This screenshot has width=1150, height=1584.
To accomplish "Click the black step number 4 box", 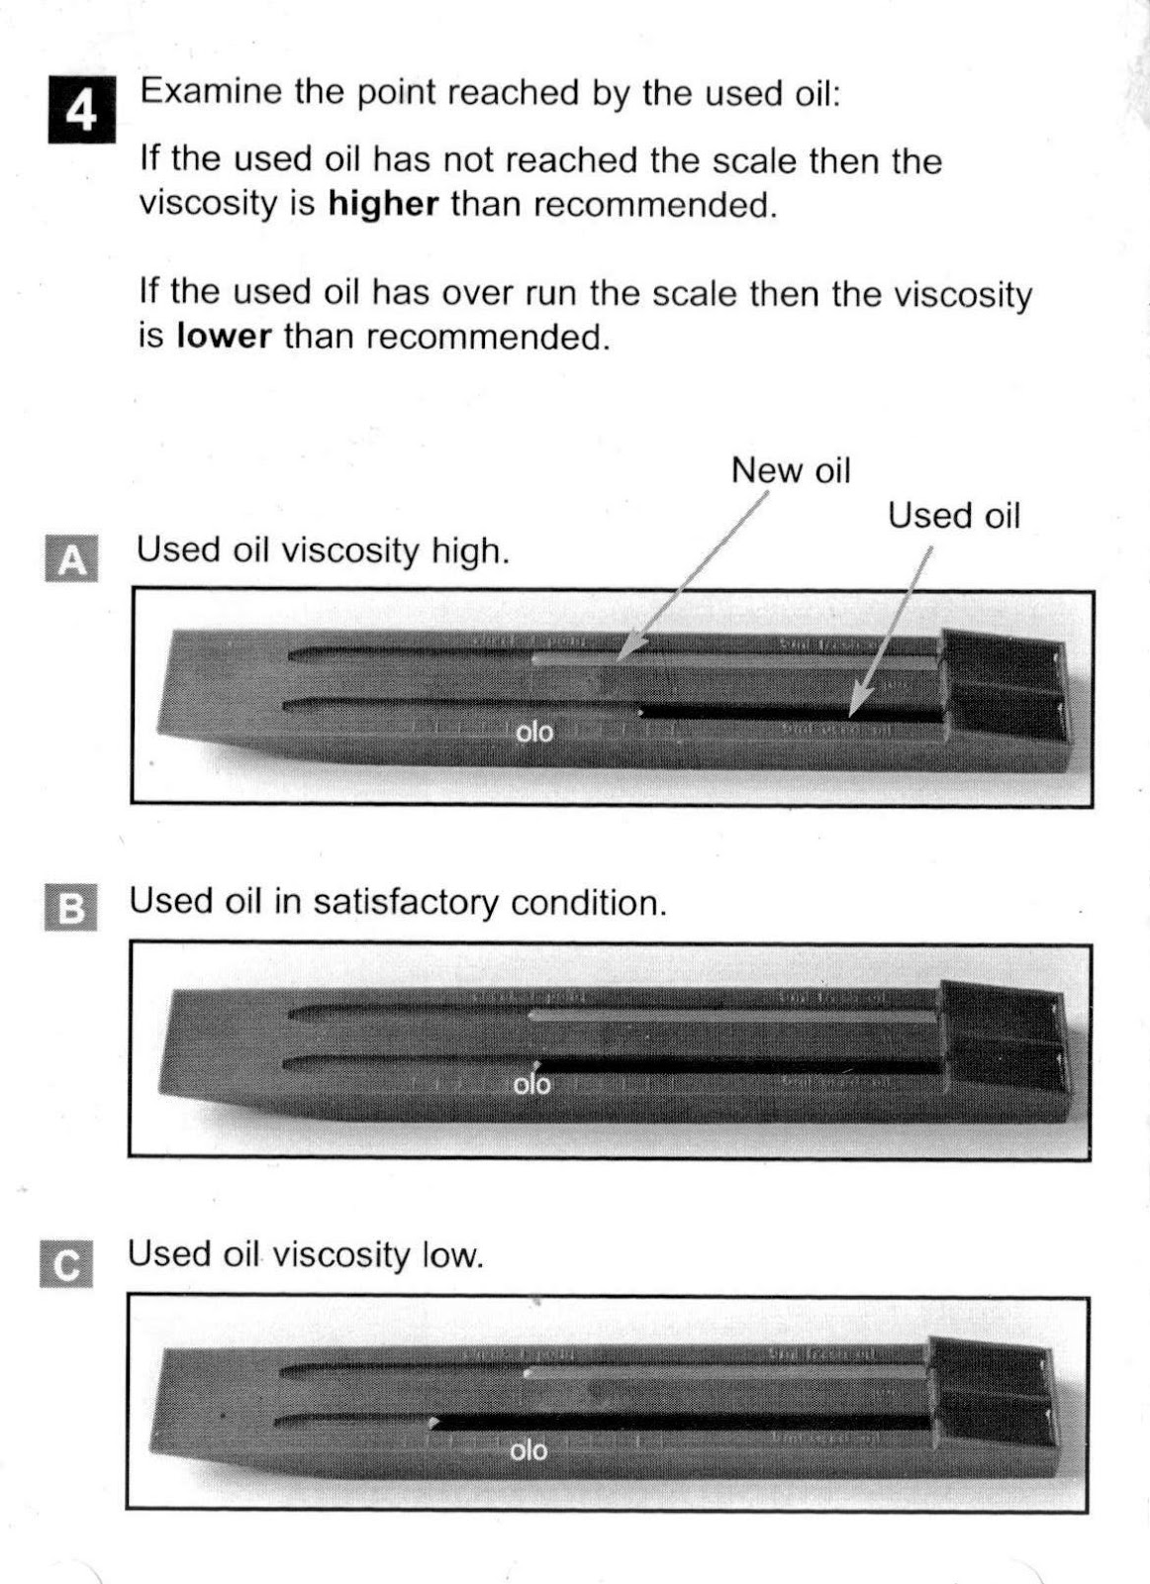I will point(81,110).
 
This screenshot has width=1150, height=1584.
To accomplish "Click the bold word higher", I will point(383,204).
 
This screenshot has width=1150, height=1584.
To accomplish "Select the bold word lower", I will point(224,336).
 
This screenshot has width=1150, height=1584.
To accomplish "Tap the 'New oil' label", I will point(791,470).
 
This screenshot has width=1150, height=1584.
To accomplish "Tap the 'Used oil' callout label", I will point(953,516).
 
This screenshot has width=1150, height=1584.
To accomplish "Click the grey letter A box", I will point(72,558).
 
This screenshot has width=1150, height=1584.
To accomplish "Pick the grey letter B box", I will point(72,907).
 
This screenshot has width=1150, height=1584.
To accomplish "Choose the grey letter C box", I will point(67,1264).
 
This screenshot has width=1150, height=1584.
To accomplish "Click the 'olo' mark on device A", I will point(534,733).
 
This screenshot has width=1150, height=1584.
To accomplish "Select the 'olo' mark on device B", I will point(532,1084).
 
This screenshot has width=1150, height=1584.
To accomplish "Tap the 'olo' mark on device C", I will point(528,1450).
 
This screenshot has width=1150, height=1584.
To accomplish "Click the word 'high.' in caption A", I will point(471,550).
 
